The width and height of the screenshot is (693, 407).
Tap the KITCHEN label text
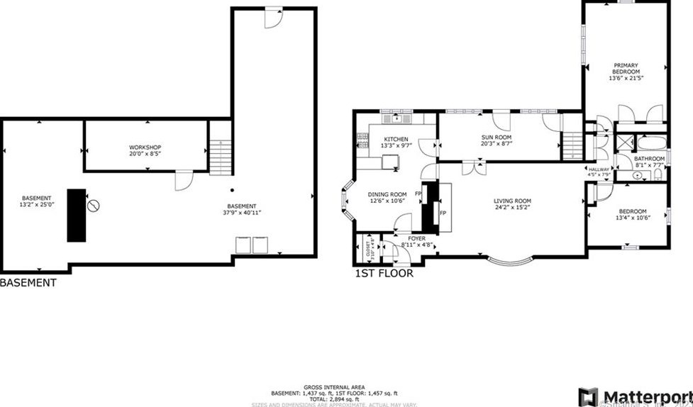click(396, 139)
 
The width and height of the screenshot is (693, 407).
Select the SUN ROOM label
click(497, 137)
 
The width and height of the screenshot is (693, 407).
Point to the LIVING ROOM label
click(512, 201)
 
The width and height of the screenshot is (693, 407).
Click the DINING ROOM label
click(387, 194)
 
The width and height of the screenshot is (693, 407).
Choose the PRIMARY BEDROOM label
click(626, 69)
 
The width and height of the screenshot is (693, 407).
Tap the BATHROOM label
click(649, 158)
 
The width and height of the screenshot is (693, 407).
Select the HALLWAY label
click(599, 169)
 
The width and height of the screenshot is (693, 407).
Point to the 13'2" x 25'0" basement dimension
click(36, 204)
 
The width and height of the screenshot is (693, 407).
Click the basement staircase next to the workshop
click(221, 156)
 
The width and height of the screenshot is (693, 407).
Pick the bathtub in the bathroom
click(648, 140)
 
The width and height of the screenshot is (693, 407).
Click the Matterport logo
click(634, 396)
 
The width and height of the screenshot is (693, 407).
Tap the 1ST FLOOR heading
click(383, 273)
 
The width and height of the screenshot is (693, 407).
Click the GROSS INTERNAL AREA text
click(333, 386)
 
